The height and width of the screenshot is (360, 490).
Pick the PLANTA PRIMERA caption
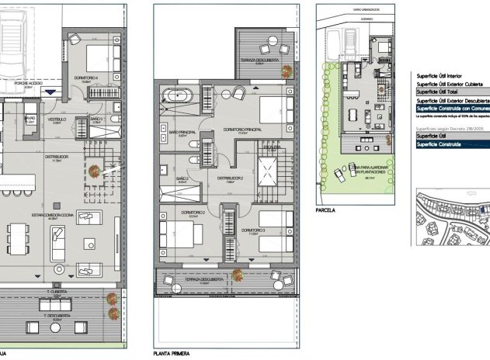[x=172, y=352]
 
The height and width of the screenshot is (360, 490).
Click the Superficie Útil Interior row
[x=443, y=75]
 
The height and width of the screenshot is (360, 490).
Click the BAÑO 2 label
[x=182, y=178]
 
